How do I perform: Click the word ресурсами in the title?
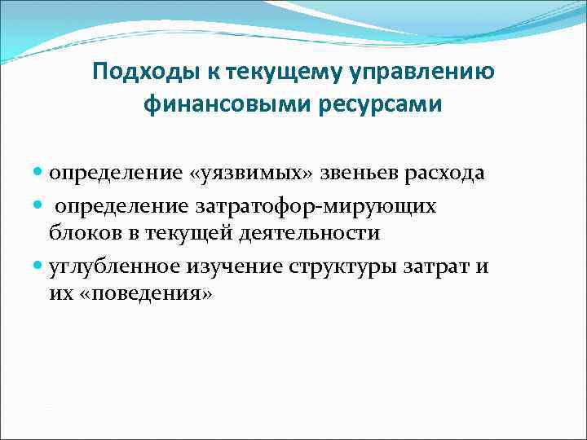pos(376,105)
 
